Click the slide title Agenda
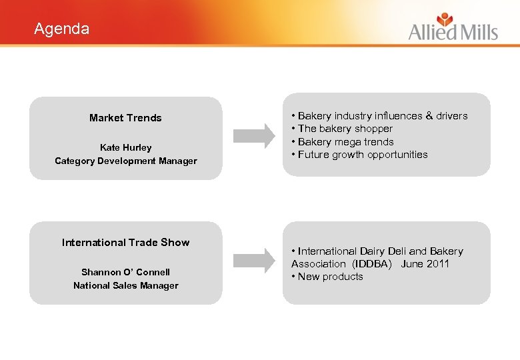point(61,29)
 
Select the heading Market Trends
point(125,118)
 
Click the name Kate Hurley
point(125,147)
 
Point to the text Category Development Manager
point(125,161)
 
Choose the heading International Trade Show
point(125,243)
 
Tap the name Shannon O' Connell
point(125,272)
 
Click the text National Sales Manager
point(125,285)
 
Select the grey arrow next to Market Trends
point(256,135)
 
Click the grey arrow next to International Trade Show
point(256,261)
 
